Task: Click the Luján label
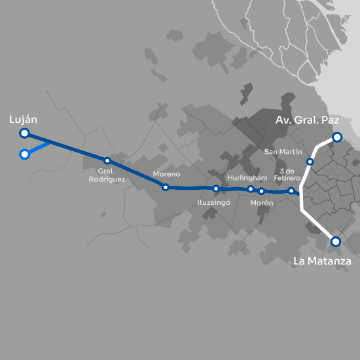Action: pos(23,120)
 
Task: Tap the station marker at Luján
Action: pos(24,134)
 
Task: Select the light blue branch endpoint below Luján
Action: pos(24,154)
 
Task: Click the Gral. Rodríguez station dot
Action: pos(107,161)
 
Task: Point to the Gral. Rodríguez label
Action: pos(107,175)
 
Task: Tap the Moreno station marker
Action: pos(166,187)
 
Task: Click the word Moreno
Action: pos(165,175)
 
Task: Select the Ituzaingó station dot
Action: pos(216,189)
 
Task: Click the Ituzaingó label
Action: pos(214,203)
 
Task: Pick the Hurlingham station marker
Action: pos(251,189)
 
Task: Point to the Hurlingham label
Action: pos(247,178)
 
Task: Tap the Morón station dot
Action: pos(261,191)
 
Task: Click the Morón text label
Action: pos(262,203)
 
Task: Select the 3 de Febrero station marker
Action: pos(291,191)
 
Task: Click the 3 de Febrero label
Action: pos(289,175)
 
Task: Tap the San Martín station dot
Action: pos(310,162)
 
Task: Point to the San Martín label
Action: pos(282,152)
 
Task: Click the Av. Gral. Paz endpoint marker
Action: pos(336,137)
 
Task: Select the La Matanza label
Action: pos(322,261)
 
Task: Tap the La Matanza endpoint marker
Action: pos(336,242)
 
